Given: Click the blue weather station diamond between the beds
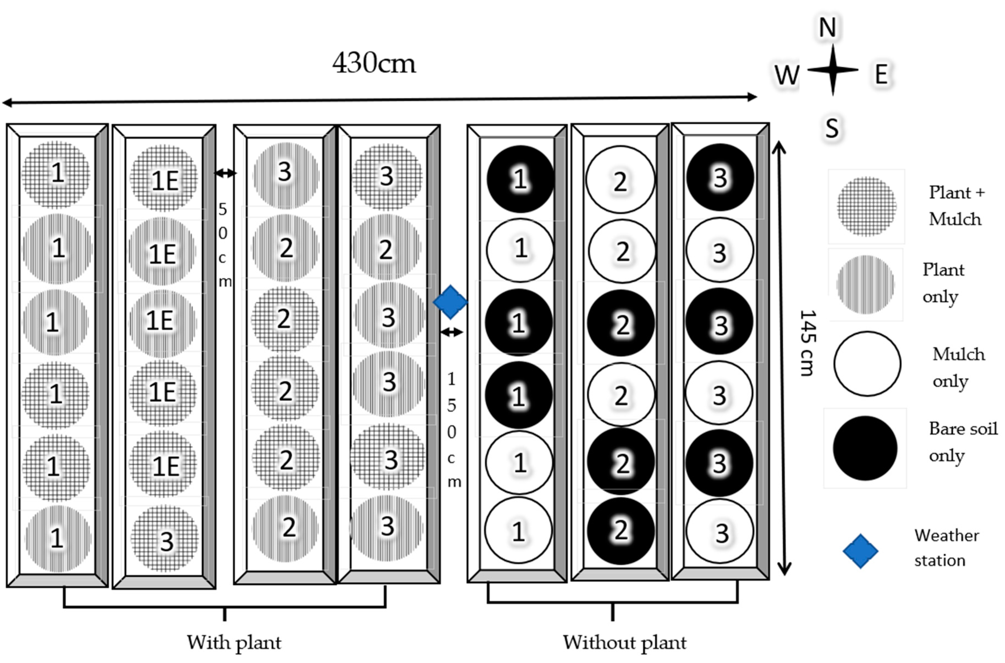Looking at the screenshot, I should coord(450,302).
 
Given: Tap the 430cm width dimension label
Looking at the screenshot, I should coord(374,63).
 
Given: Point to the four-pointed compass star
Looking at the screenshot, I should coord(832,70).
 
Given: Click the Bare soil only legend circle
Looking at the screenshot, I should coord(865,448).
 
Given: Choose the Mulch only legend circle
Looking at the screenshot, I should coord(867,364).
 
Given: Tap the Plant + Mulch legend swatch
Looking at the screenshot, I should coord(866,206).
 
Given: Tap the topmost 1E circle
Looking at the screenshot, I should coord(164,179).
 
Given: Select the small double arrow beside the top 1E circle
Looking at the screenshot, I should coord(225,173).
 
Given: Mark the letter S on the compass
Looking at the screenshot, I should coord(832,128).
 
